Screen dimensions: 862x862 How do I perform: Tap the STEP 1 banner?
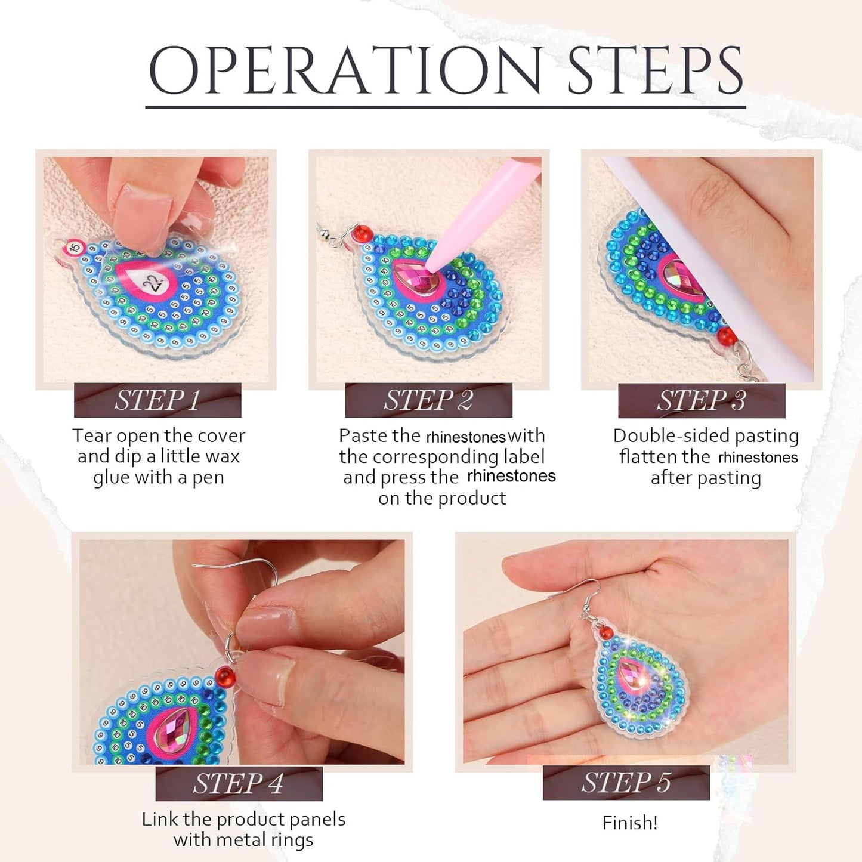click(157, 400)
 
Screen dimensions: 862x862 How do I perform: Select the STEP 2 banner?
click(428, 400)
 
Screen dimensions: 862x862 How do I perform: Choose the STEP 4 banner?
click(239, 783)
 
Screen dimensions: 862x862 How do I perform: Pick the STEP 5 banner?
click(626, 783)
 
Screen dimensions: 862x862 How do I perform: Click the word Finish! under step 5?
click(630, 823)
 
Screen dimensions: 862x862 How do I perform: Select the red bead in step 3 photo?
click(727, 335)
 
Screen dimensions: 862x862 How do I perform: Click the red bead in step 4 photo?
click(225, 676)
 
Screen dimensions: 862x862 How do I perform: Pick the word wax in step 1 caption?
click(222, 456)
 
